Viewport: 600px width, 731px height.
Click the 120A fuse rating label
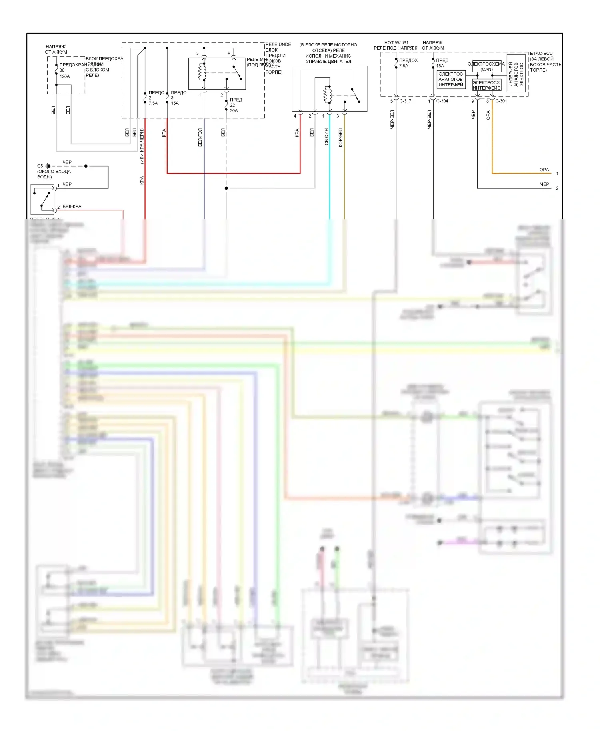(65, 76)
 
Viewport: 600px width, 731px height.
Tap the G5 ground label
(40, 166)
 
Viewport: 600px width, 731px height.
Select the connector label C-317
(405, 101)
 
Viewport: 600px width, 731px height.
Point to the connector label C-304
(442, 101)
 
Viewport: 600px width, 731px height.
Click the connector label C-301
(501, 101)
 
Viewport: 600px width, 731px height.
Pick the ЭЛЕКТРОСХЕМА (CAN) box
(486, 66)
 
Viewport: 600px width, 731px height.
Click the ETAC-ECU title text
(541, 53)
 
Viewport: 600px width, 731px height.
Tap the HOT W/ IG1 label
(396, 42)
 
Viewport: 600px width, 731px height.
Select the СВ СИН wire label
(326, 136)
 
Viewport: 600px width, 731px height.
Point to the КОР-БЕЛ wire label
(340, 138)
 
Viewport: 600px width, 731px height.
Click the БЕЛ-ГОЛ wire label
(200, 138)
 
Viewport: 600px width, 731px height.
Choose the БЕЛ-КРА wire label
(72, 206)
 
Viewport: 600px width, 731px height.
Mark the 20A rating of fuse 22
(234, 110)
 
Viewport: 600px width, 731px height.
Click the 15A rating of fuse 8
(175, 103)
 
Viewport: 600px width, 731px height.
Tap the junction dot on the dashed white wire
(226, 188)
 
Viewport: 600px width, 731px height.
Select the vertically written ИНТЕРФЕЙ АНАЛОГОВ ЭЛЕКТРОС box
(516, 74)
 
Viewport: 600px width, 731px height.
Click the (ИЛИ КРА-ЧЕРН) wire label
(142, 146)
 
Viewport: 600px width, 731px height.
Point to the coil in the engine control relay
(327, 95)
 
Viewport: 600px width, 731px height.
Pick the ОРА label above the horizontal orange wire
(544, 170)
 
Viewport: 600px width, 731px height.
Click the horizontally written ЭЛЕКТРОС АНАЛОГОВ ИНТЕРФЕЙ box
(451, 79)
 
